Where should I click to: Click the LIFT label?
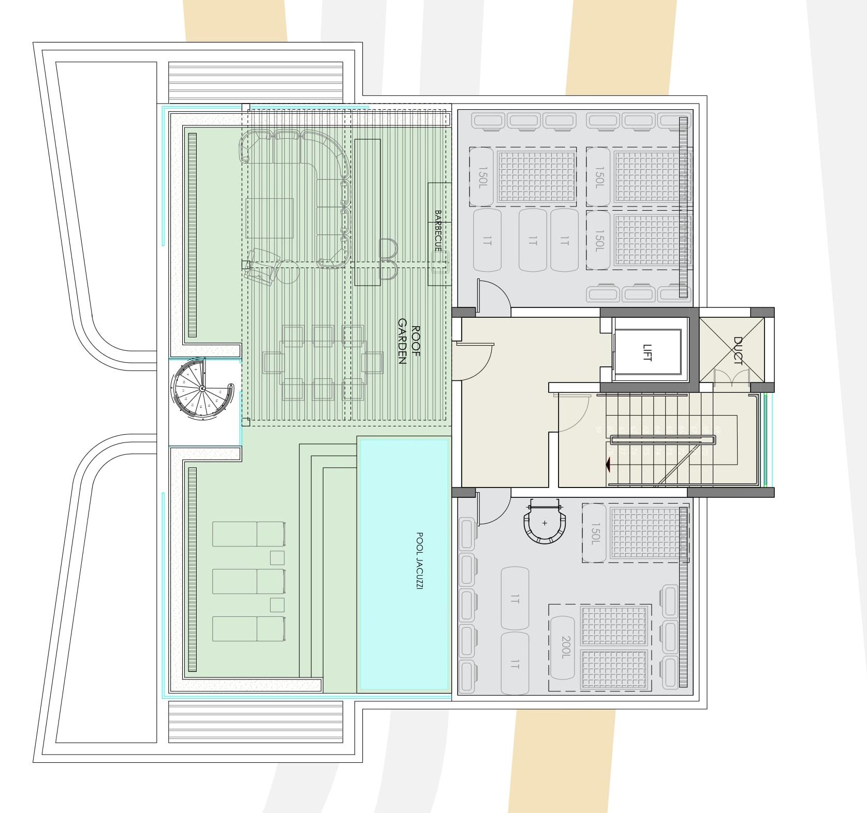click(x=647, y=352)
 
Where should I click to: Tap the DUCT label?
click(x=738, y=350)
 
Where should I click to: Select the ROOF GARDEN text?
click(x=409, y=345)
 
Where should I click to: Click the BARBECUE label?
click(x=437, y=230)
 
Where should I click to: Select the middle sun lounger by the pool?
click(x=248, y=581)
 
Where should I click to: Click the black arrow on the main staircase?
click(x=609, y=465)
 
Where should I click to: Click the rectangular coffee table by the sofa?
click(x=270, y=217)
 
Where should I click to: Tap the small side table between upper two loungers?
click(x=277, y=558)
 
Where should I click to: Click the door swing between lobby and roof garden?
click(x=474, y=361)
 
